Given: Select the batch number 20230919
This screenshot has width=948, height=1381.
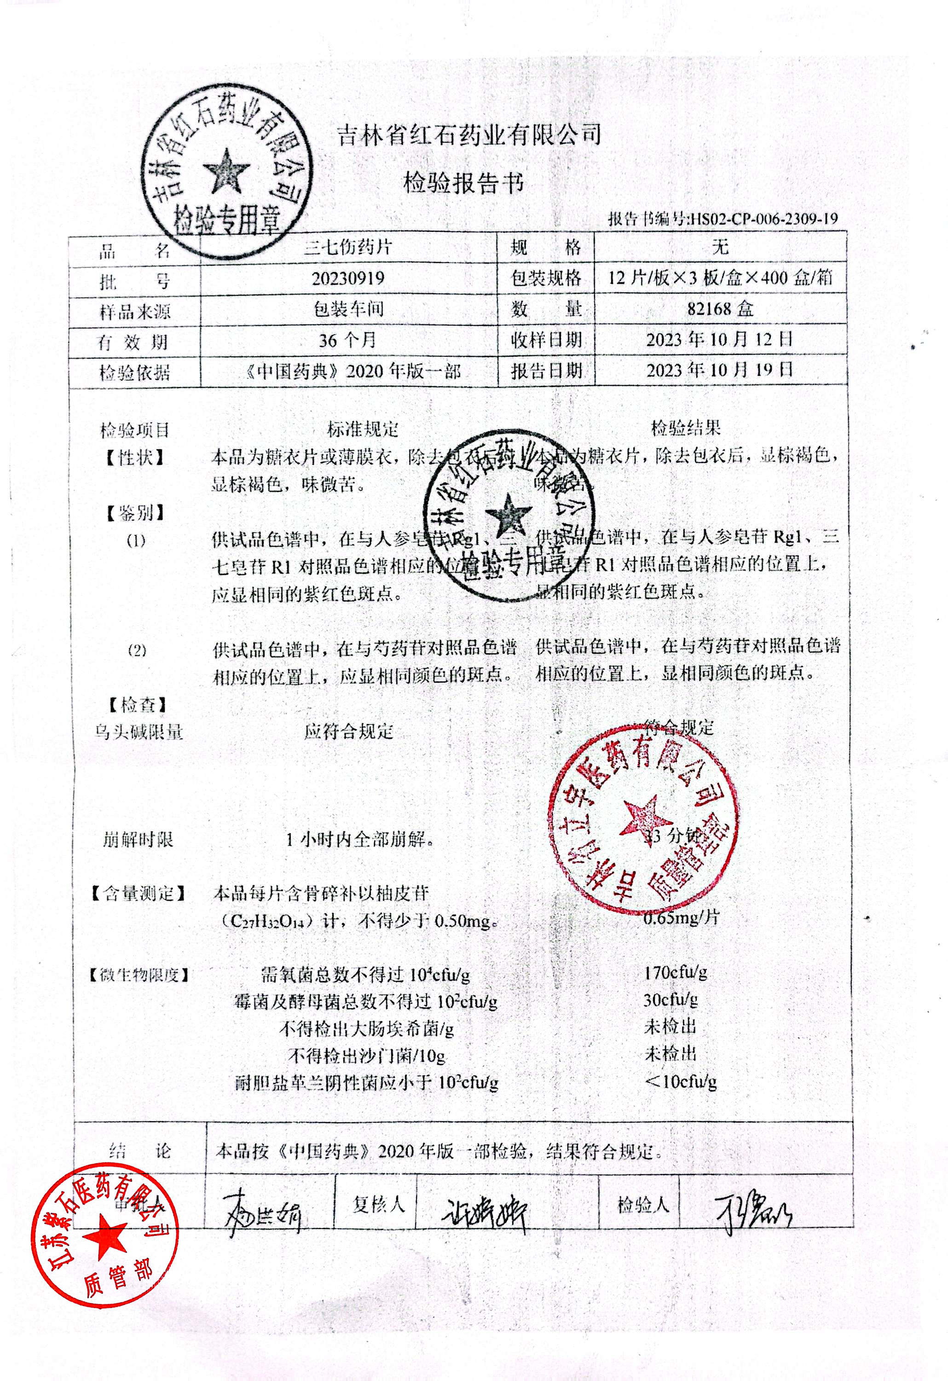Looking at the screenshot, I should click(x=348, y=278).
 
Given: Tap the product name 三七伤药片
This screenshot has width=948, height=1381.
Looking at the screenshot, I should click(x=348, y=247).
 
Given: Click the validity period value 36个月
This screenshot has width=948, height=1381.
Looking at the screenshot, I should click(x=348, y=341).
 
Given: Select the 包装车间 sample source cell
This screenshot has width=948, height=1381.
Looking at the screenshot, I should click(x=348, y=309).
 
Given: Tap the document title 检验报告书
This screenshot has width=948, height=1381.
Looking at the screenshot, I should click(x=464, y=184).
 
